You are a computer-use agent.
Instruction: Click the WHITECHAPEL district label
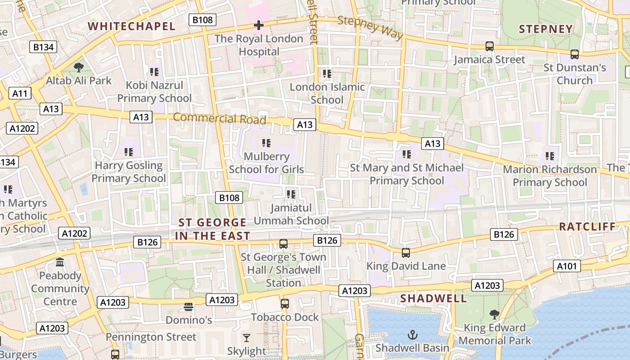[132, 26]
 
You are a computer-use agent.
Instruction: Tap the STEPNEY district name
[546, 29]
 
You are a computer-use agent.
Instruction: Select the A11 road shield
[20, 94]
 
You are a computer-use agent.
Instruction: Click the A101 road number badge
[567, 266]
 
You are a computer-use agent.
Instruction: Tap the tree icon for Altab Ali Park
[79, 68]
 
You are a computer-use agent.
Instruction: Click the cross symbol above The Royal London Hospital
[259, 25]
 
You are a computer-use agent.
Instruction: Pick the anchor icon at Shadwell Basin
[412, 335]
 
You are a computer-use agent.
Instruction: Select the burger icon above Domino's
[189, 307]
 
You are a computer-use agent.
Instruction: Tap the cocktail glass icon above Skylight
[246, 338]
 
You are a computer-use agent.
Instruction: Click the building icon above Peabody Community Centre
[60, 262]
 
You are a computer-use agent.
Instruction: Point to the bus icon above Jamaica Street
[490, 46]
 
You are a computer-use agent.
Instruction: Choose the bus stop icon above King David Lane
[406, 253]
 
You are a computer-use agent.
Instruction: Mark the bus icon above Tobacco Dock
[285, 304]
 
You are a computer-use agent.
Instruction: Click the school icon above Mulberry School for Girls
[266, 144]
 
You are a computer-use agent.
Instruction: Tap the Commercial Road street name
[220, 118]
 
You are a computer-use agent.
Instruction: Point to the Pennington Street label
[151, 337]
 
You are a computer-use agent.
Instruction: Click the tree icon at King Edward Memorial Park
[495, 314]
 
